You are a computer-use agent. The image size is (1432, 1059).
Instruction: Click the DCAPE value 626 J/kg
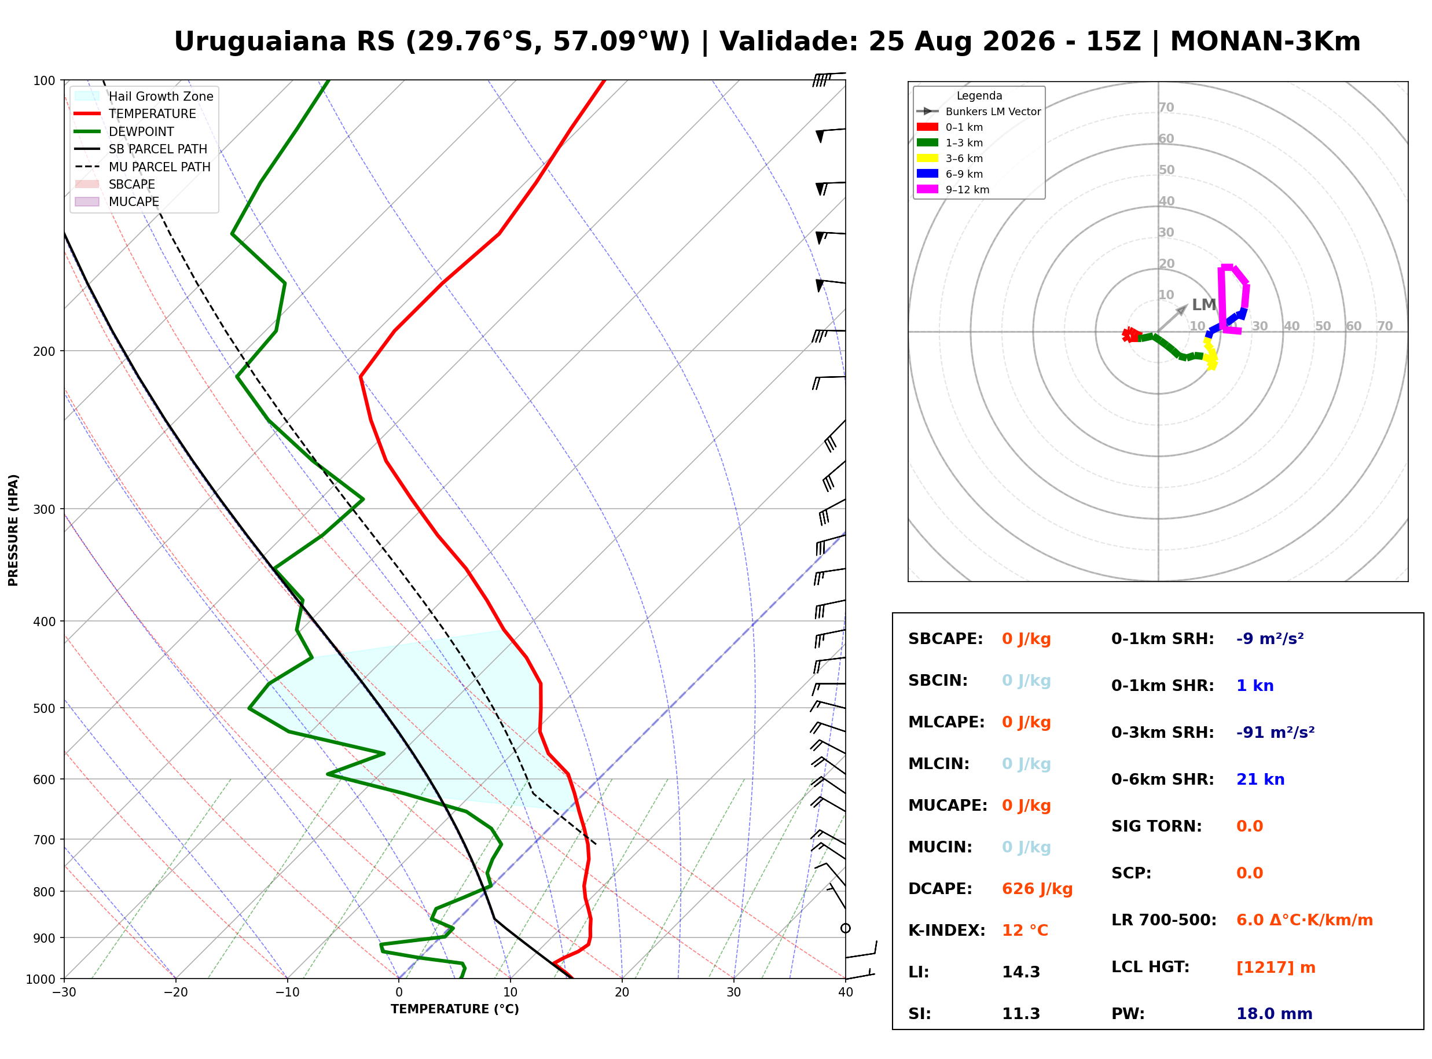point(1037,889)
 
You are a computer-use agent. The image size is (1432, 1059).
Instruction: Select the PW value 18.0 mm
point(1275,1014)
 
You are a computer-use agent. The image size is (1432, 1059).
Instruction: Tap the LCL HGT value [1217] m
point(1276,968)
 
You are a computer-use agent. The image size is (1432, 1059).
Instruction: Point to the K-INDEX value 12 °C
point(1025,931)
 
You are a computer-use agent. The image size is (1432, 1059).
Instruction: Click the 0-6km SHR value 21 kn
point(1260,780)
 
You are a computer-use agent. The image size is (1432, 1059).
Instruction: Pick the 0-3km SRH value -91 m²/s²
point(1275,733)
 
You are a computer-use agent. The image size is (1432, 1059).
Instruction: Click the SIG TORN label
point(1156,827)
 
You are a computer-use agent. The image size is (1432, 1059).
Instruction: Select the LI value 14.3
point(1021,972)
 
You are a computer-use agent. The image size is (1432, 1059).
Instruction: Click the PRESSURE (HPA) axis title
point(13,530)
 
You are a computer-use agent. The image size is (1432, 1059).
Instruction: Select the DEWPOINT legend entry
point(124,131)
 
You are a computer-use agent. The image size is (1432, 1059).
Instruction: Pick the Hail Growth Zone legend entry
point(144,96)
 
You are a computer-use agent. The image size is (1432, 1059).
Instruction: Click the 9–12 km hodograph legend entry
point(953,190)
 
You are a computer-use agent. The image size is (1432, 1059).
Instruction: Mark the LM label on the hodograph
point(1204,305)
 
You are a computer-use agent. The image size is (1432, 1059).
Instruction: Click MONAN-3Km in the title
point(1265,42)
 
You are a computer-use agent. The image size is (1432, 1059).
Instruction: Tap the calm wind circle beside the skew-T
point(846,929)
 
